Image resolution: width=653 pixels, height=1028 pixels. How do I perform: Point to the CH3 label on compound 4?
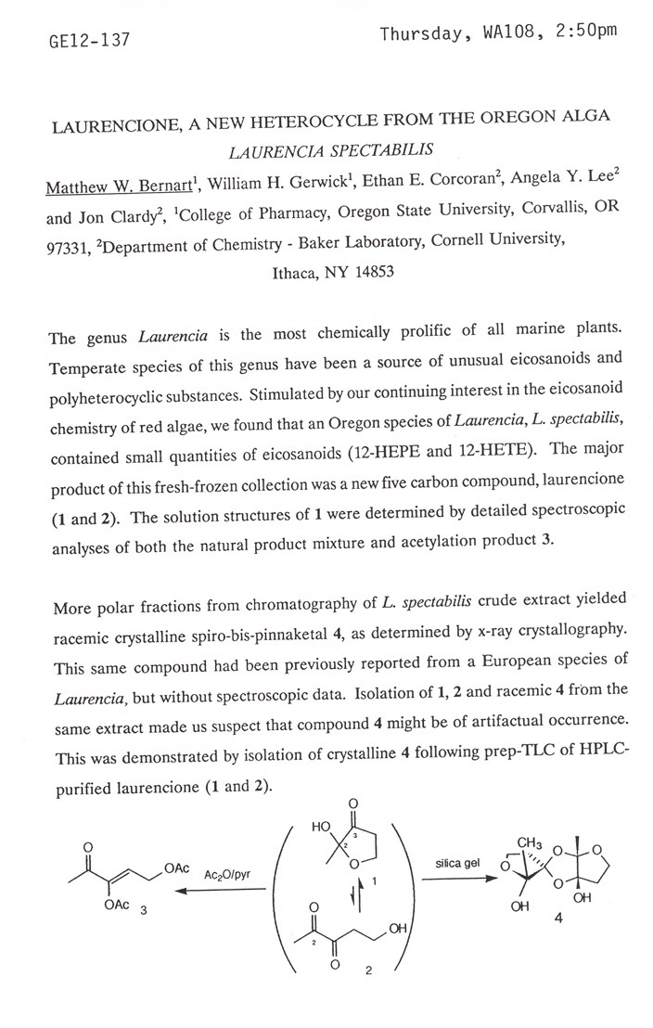pyautogui.click(x=530, y=843)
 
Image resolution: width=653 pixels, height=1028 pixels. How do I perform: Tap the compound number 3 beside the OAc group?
pyautogui.click(x=143, y=912)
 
